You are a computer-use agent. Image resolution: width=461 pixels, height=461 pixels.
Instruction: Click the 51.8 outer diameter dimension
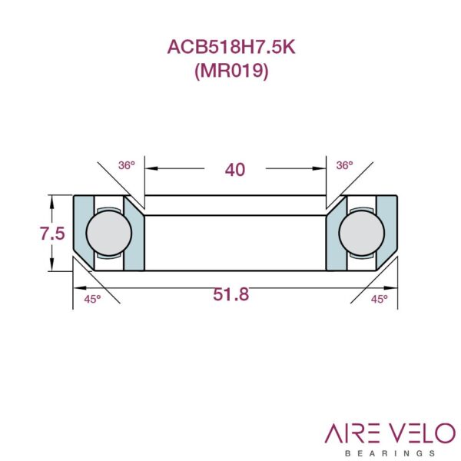tap(231, 294)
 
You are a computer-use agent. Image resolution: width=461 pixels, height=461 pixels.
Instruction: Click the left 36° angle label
tap(127, 165)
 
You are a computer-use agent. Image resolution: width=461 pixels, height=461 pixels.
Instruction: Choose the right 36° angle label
tap(344, 165)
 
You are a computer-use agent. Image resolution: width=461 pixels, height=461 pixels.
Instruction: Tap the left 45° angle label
tap(92, 300)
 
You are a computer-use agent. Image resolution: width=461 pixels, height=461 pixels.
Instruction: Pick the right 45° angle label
tap(379, 300)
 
